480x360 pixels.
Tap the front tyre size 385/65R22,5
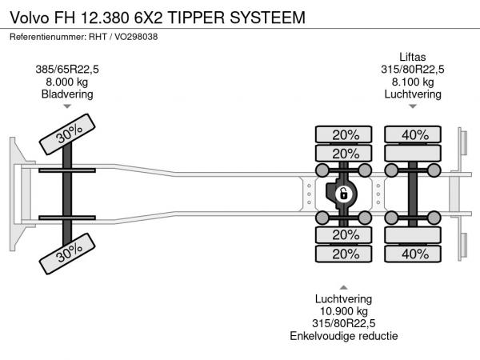click(67, 70)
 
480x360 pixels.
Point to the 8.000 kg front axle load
click(67, 82)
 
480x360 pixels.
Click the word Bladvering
click(67, 94)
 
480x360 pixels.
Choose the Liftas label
click(413, 57)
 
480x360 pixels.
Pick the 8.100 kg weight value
click(413, 82)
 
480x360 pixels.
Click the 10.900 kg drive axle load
click(345, 310)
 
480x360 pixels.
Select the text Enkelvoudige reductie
click(345, 335)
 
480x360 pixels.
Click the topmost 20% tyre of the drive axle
click(345, 134)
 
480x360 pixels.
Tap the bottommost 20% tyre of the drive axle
click(345, 254)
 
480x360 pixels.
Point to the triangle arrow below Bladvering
click(67, 106)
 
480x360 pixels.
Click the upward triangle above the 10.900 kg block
click(345, 286)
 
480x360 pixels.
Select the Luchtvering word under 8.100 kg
click(413, 94)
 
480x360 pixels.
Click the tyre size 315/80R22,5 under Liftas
click(413, 70)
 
